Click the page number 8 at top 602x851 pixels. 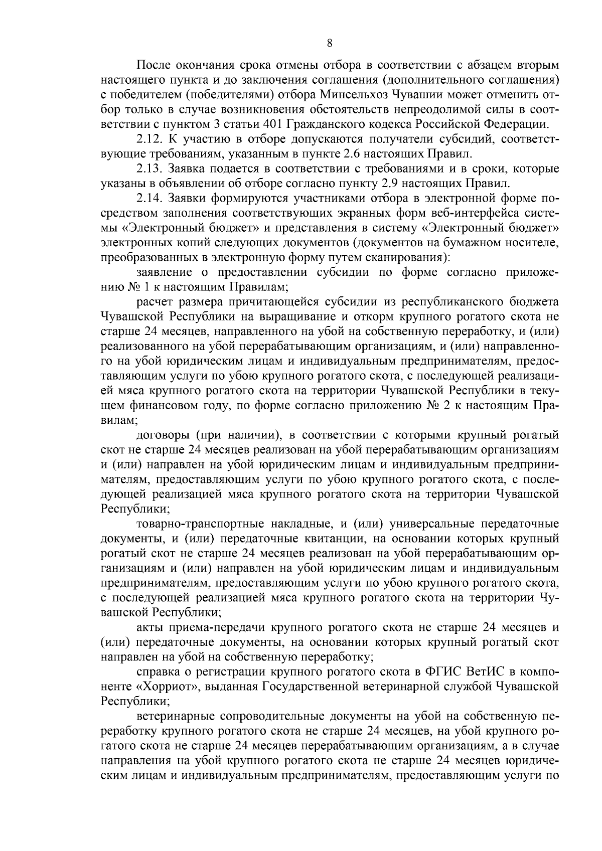[x=329, y=43]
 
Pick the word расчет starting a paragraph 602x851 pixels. [x=153, y=302]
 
